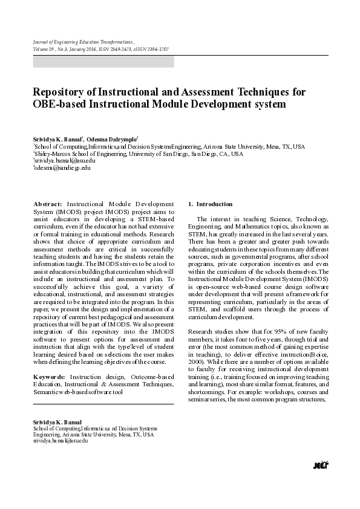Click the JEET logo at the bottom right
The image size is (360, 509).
[320, 465]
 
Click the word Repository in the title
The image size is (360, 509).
[61, 92]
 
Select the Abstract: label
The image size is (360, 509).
[48, 204]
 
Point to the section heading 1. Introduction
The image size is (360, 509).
[211, 204]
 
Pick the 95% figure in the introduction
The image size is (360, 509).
[266, 332]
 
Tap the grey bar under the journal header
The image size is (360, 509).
[103, 62]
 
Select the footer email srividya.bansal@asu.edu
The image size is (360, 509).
[61, 441]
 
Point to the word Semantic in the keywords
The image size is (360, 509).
[47, 392]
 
